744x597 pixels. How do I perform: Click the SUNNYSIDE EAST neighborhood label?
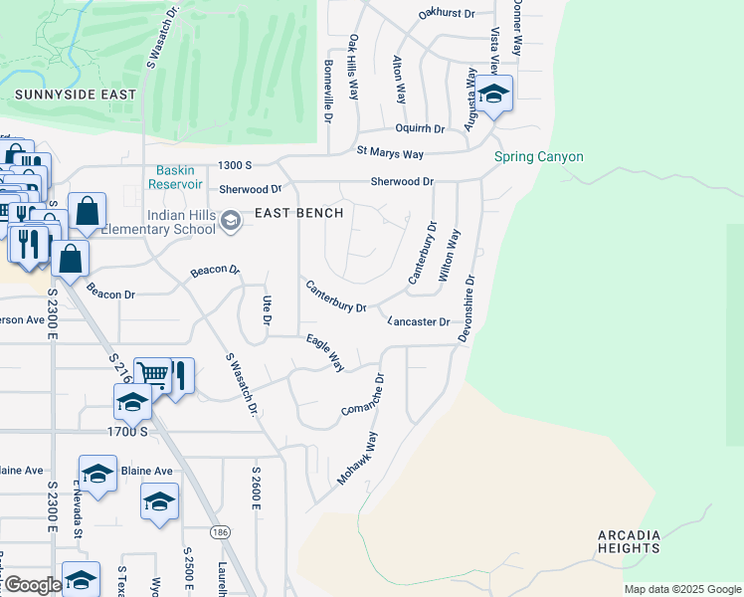coord(76,95)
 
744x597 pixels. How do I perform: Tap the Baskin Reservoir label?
coord(175,177)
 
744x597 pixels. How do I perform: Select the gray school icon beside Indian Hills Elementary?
coord(231,220)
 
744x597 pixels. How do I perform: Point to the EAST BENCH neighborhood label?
coord(299,213)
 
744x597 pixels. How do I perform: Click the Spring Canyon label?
coord(539,157)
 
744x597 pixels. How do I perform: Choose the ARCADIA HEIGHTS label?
coord(643,542)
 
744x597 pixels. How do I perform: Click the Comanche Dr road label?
coord(362,396)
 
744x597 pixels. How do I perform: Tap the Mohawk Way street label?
coord(357,458)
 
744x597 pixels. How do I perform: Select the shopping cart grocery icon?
coord(152,374)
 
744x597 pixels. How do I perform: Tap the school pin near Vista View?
coord(492,95)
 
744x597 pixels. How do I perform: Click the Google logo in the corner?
coord(32,585)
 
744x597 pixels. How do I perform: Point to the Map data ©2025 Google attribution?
coord(681,589)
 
